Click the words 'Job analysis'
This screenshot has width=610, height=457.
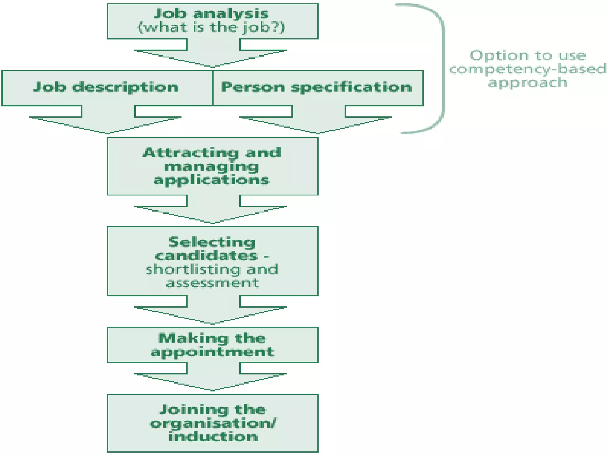[x=211, y=13]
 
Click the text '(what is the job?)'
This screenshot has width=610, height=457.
[x=211, y=27]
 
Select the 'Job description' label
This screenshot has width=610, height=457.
[x=106, y=87]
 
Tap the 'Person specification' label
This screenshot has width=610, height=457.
[x=317, y=87]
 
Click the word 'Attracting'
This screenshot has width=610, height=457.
[x=191, y=153]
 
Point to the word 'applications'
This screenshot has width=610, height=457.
[x=211, y=180]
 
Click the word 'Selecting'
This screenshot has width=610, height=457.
[x=212, y=242]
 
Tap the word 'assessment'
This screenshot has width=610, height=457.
[x=212, y=283]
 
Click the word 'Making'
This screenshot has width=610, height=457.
[x=193, y=338]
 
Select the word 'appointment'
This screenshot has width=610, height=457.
[x=212, y=352]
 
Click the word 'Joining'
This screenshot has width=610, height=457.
[x=194, y=409]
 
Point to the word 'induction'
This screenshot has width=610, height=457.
[x=213, y=436]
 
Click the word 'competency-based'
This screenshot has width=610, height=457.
[x=527, y=69]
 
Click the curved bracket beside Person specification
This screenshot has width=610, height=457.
[x=443, y=68]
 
